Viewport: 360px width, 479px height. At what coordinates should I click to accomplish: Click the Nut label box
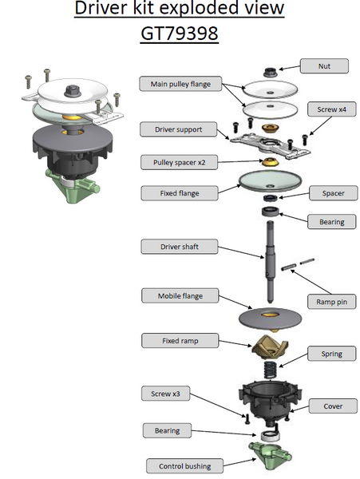pos(324,66)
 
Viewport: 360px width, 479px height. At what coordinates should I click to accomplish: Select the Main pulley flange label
pos(180,84)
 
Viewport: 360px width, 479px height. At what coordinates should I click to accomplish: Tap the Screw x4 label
pos(331,109)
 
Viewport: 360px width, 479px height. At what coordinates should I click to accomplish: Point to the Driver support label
pos(178,129)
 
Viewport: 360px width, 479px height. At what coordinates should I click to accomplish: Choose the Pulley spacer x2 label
pos(180,162)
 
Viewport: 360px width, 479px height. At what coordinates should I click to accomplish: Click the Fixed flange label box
pos(180,193)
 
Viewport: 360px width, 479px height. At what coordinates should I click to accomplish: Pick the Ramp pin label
pos(331,302)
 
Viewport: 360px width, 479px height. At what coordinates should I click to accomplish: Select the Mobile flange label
pos(180,295)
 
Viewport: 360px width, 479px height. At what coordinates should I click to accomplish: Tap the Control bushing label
pos(184,466)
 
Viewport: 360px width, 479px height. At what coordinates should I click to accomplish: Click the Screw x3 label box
pos(165,394)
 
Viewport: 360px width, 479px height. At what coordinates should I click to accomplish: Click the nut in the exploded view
pos(270,73)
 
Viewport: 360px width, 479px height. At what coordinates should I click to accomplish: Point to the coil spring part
pos(269,370)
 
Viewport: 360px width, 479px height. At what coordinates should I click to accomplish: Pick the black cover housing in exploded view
pos(270,402)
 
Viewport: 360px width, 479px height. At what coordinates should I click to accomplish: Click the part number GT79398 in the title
pos(180,33)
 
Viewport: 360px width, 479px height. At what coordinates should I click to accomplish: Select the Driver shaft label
pos(180,247)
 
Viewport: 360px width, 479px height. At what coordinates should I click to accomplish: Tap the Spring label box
pos(331,354)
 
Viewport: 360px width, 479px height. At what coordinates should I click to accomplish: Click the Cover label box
pos(333,406)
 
